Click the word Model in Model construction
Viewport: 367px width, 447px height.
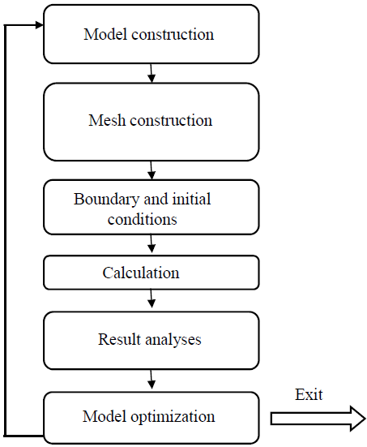(105, 34)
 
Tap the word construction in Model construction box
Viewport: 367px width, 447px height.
(173, 35)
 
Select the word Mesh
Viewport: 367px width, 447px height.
(107, 120)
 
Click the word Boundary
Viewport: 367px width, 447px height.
(107, 200)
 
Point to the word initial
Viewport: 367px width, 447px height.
(192, 199)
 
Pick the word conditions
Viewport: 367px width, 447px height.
(143, 219)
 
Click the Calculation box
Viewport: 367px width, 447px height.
(151, 273)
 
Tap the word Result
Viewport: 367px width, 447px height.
(119, 339)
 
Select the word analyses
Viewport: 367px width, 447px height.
(173, 340)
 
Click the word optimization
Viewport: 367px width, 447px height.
(173, 416)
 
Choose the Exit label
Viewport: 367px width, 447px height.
(309, 394)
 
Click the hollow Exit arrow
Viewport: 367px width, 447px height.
(318, 419)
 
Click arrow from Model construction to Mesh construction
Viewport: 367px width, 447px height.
(151, 73)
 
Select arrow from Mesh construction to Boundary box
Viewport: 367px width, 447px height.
(151, 170)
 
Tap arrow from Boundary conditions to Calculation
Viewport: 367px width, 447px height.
(151, 243)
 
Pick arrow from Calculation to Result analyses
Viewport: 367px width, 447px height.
(151, 299)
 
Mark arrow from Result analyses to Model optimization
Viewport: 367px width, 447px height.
(151, 380)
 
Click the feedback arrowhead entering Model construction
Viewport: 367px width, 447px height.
(39, 25)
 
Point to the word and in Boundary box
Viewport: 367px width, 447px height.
(156, 199)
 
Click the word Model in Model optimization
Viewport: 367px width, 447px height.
(105, 416)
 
